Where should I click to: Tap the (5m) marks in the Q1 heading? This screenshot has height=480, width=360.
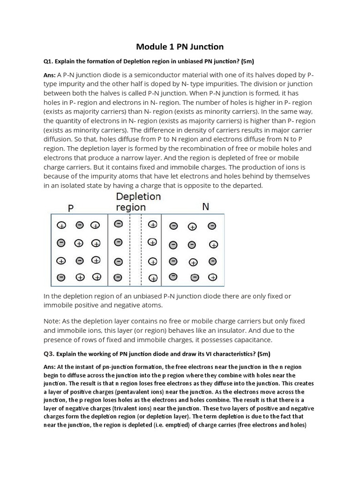coord(247,61)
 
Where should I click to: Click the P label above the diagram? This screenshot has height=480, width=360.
coord(71,207)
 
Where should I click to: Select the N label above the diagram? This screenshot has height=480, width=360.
coord(205,206)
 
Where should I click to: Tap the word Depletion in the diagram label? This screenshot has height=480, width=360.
coord(138,196)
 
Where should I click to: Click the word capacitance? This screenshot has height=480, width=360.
coord(248,340)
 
